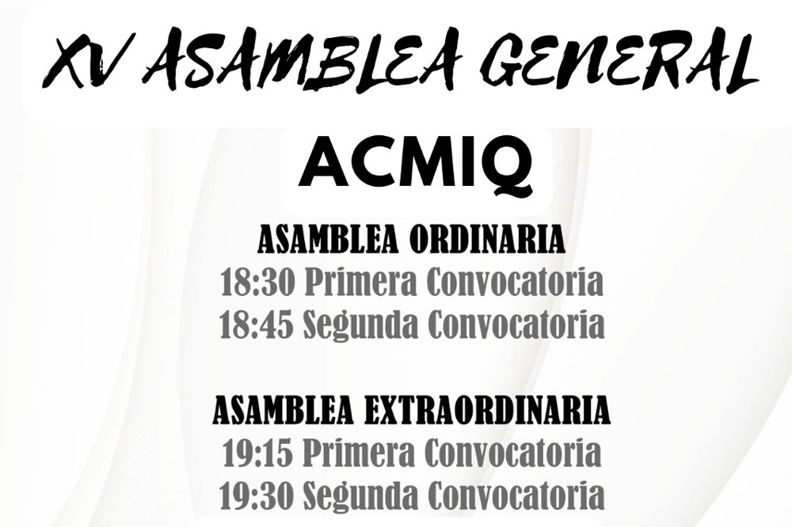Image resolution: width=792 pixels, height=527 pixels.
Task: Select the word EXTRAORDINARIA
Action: click(x=485, y=411)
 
